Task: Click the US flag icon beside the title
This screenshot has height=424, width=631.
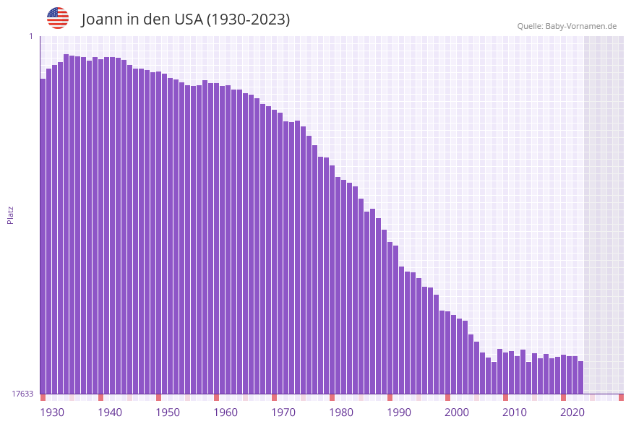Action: pyautogui.click(x=58, y=18)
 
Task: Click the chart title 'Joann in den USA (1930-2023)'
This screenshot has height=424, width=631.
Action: pyautogui.click(x=186, y=20)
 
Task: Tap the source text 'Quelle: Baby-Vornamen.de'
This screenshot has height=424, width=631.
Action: pyautogui.click(x=567, y=26)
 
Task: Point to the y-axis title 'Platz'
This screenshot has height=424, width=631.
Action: pyautogui.click(x=11, y=215)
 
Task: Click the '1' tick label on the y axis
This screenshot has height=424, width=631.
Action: pyautogui.click(x=30, y=36)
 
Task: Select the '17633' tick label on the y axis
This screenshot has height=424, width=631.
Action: pyautogui.click(x=22, y=394)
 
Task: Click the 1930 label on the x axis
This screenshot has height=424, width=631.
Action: pyautogui.click(x=52, y=412)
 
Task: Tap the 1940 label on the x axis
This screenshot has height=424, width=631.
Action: pyautogui.click(x=110, y=412)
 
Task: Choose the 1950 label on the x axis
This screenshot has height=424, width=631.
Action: pyautogui.click(x=168, y=412)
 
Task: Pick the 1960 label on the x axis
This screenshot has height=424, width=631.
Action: pyautogui.click(x=226, y=412)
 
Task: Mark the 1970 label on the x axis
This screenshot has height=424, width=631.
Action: pyautogui.click(x=283, y=412)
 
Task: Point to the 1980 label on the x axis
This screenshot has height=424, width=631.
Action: pyautogui.click(x=341, y=412)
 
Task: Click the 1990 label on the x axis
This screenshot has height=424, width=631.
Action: pyautogui.click(x=399, y=412)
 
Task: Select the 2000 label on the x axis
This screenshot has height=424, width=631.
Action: pyautogui.click(x=457, y=412)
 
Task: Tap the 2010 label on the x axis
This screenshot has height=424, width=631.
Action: pyautogui.click(x=515, y=412)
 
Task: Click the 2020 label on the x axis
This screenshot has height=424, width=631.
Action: pyautogui.click(x=572, y=412)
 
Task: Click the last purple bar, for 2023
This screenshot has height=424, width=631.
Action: pyautogui.click(x=580, y=377)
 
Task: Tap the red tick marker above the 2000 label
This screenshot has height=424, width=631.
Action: pyautogui.click(x=447, y=397)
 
